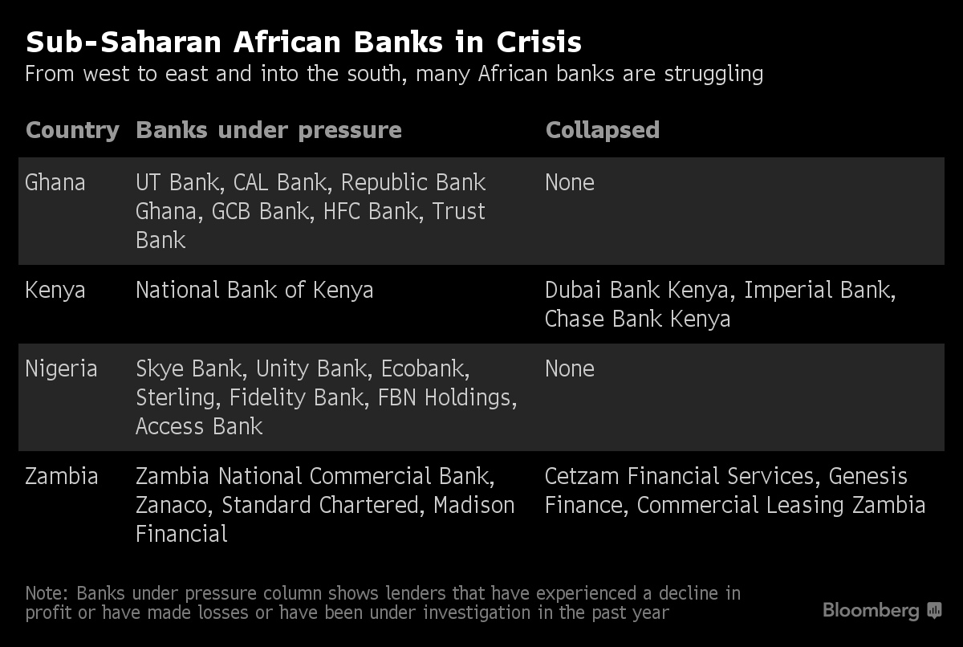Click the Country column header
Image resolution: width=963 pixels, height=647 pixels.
click(72, 130)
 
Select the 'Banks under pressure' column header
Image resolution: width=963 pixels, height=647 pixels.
click(269, 130)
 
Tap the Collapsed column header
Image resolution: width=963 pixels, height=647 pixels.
click(602, 130)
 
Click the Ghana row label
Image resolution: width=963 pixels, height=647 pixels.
click(55, 183)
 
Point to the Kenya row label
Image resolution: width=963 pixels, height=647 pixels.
click(55, 290)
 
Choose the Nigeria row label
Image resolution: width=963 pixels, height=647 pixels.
click(61, 369)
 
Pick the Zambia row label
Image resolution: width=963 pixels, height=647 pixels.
click(61, 477)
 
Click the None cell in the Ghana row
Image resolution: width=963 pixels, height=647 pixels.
click(569, 183)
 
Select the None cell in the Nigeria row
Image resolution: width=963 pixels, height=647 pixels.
click(569, 369)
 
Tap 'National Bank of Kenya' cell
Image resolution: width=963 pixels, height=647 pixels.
click(254, 290)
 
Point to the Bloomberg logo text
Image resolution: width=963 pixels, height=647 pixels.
click(871, 611)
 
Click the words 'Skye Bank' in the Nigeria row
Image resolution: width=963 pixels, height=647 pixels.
click(189, 369)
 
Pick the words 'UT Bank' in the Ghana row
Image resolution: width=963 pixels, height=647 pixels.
click(177, 183)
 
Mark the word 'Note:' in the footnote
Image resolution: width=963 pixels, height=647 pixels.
click(48, 594)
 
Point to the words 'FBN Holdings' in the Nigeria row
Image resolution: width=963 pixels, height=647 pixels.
click(447, 398)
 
